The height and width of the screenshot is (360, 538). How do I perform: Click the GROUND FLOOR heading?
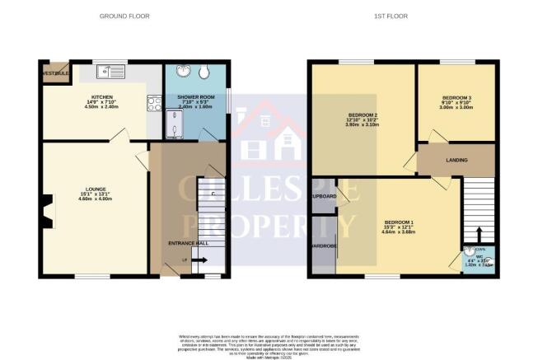coord(124,16)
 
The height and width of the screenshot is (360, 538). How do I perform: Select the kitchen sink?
coord(109,72)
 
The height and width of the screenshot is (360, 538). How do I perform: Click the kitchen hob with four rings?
coord(153,104)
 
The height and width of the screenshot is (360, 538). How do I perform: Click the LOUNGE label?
coord(91,189)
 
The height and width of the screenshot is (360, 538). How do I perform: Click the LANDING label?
coord(458,161)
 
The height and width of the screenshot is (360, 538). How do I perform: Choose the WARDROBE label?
coord(323,244)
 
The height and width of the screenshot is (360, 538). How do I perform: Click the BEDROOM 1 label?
coord(400,222)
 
